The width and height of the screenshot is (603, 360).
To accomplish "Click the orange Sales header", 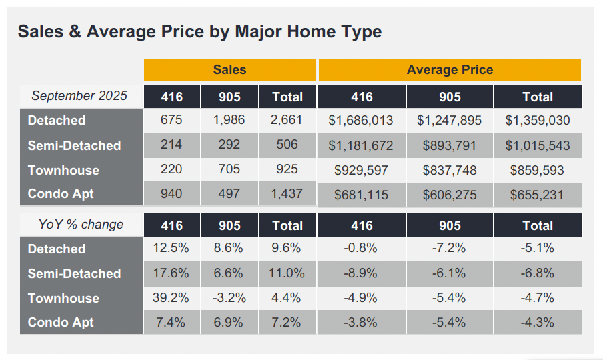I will pos(229,69).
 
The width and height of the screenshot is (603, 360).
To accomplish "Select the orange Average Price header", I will pos(450,69).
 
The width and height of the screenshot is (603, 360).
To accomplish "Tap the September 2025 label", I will pos(79,95).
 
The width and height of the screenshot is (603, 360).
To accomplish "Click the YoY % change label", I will pos(81,224).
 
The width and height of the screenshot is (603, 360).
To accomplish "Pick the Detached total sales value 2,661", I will pos(287,120).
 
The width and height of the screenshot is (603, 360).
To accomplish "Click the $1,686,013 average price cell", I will pos(361,121).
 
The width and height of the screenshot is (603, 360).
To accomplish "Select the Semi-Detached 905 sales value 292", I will pos(229,145).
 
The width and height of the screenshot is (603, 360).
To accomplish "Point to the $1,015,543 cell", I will pos(537,145).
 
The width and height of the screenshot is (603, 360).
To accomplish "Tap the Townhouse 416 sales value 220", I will pos(171,170).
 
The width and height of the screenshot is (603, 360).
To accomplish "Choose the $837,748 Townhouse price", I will pos(450,170).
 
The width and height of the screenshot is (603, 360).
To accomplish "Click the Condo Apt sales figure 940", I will pos(171,194).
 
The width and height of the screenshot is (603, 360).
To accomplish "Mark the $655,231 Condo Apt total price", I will pos(537,195).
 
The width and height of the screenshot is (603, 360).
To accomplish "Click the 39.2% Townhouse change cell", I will pos(171,298).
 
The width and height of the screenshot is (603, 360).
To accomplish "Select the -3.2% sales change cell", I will pos(229,298).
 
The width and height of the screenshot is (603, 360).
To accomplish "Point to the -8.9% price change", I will pos(361,273).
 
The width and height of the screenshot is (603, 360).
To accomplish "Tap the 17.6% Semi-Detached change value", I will pos(171,273).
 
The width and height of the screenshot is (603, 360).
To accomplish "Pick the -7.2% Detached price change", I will pos(450,249).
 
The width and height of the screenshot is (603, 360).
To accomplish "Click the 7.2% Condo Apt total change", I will pos(287,323).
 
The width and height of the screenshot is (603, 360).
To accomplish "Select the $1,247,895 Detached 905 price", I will pos(450,121).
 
